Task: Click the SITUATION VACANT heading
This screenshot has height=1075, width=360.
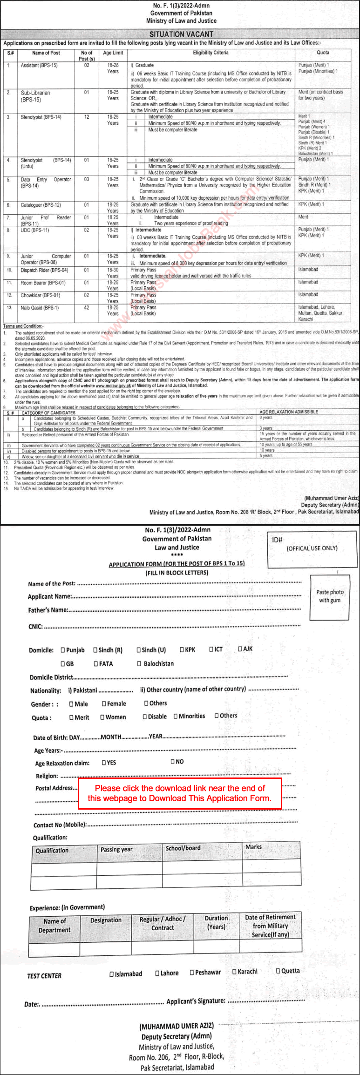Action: (181, 34)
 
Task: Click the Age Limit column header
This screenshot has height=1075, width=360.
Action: (113, 53)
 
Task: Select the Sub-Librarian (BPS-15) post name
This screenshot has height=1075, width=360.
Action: (35, 96)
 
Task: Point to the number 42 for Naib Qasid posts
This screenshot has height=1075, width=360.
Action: (87, 307)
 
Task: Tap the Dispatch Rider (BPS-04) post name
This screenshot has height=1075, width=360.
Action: (44, 270)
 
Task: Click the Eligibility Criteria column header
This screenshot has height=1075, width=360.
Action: (211, 53)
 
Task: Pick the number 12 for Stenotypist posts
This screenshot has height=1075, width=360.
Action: (87, 117)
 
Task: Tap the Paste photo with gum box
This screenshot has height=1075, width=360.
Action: (330, 596)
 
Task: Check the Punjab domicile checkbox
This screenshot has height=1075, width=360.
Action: (63, 650)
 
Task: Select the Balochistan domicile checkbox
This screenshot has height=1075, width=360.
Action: (139, 663)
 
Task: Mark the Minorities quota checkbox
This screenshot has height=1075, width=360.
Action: (176, 716)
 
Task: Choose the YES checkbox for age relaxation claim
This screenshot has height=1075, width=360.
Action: (104, 762)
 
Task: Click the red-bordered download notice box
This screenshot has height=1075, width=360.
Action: (180, 793)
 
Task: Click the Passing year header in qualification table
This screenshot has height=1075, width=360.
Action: (117, 849)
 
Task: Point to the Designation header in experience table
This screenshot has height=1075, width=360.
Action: (106, 920)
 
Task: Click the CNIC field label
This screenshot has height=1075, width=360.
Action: (35, 627)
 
